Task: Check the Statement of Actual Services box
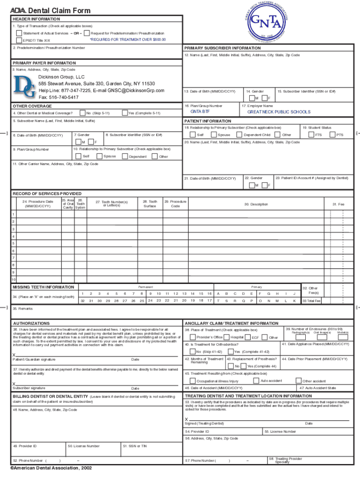(19, 33)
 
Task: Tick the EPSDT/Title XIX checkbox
(19, 40)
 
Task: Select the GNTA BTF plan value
(200, 112)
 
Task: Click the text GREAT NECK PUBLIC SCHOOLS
(278, 112)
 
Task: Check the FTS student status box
(311, 135)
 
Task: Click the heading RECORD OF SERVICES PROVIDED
(47, 194)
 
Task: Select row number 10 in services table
(14, 280)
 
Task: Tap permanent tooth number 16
(210, 293)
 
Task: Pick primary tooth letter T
(219, 301)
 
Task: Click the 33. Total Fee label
(311, 301)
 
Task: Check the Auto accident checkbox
(256, 381)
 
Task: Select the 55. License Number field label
(281, 431)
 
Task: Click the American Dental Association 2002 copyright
(51, 467)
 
